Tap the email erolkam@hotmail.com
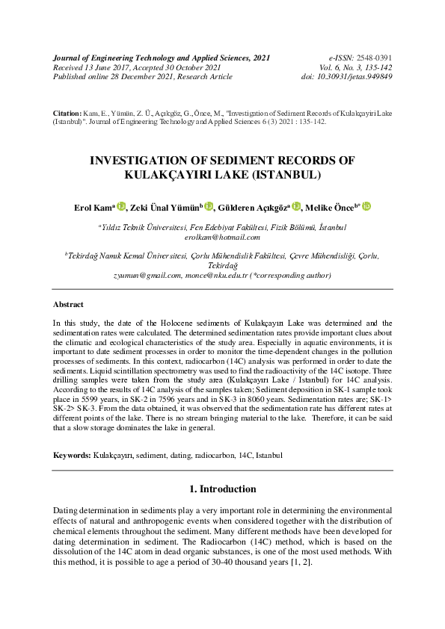tap(221, 237)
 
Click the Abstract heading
tap(68, 305)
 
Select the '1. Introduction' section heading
tap(222, 489)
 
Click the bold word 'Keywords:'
tap(72, 454)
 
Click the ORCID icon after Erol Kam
tap(122, 206)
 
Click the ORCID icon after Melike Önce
tap(366, 206)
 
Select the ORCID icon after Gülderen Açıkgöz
tap(296, 206)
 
